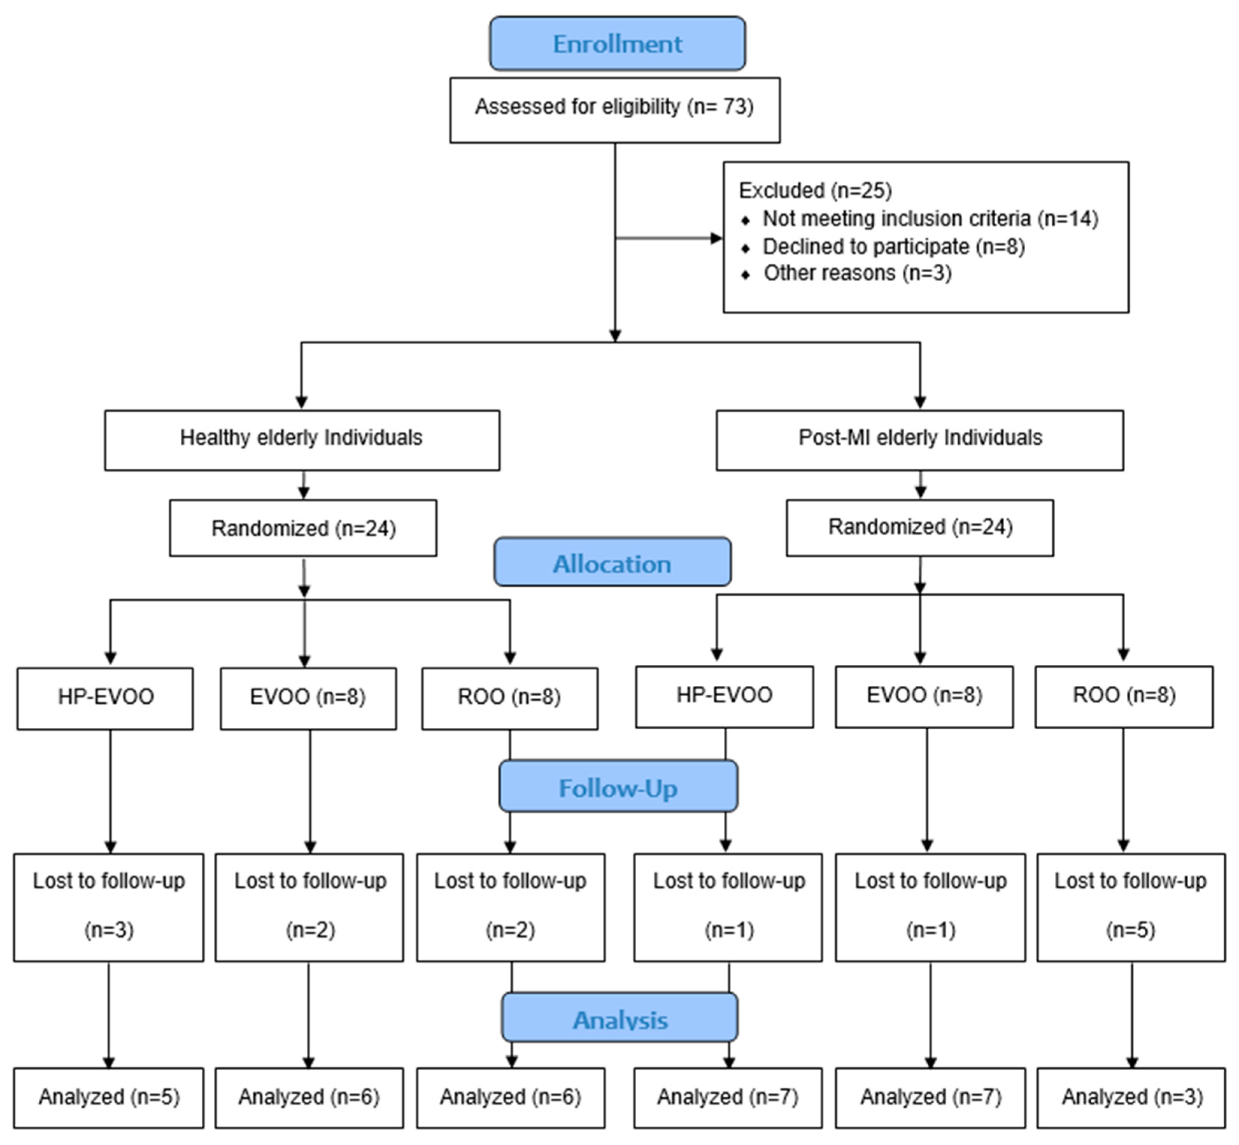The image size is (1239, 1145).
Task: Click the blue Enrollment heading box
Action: [617, 43]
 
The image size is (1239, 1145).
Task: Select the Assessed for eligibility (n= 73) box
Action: [614, 110]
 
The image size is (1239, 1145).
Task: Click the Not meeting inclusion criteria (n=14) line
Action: [929, 219]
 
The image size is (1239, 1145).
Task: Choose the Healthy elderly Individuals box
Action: [302, 440]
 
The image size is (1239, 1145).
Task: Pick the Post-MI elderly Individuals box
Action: [919, 440]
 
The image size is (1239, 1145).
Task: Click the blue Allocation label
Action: [612, 563]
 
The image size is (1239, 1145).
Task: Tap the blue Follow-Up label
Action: [618, 787]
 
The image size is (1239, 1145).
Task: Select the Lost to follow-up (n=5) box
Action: [1130, 907]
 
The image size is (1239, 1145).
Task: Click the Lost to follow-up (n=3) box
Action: [109, 907]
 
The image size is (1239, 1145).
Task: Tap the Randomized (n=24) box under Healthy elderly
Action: [303, 528]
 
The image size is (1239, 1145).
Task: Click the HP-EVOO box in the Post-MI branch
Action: [724, 696]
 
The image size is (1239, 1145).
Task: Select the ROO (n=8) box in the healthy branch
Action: [509, 698]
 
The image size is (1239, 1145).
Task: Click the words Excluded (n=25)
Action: [815, 190]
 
